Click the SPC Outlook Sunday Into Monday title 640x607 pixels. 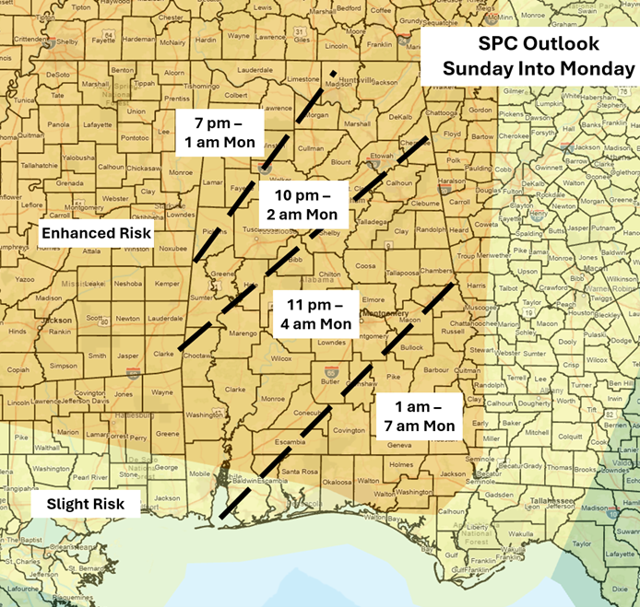pyautogui.click(x=526, y=56)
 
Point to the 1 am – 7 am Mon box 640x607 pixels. pyautogui.click(x=416, y=415)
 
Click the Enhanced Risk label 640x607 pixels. pyautogui.click(x=96, y=234)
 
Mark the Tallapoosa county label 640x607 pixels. pyautogui.click(x=402, y=274)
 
